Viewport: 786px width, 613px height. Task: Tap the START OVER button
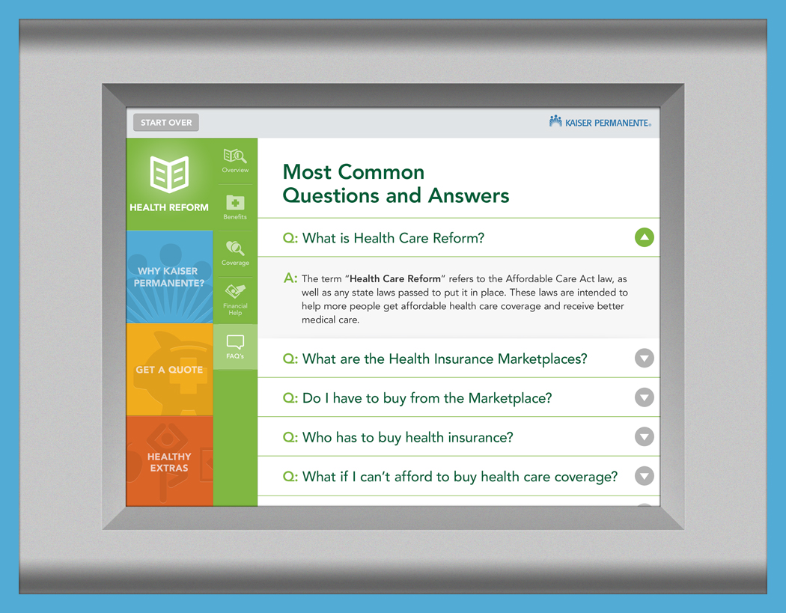tap(166, 122)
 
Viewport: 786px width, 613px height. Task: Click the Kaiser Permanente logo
tap(600, 122)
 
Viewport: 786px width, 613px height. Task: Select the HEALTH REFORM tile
tap(169, 184)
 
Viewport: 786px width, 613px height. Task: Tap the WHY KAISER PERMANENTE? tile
tap(169, 277)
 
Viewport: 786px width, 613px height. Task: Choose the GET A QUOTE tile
tap(169, 370)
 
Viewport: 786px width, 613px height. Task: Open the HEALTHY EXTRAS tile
tap(169, 461)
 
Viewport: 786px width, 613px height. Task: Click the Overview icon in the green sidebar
tap(235, 156)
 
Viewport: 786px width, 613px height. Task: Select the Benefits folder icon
tap(235, 203)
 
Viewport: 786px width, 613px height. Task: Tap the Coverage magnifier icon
tap(235, 248)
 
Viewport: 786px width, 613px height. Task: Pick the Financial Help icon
tap(235, 291)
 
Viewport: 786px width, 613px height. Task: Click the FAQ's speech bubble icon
tap(235, 342)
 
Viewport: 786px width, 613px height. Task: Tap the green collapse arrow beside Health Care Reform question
tap(644, 237)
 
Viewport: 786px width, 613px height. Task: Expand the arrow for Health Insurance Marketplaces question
tap(644, 359)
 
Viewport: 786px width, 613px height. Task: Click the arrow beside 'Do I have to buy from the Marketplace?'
tap(644, 397)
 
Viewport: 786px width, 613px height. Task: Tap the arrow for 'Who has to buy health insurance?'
tap(644, 436)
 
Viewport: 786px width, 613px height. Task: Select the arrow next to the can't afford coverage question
tap(644, 476)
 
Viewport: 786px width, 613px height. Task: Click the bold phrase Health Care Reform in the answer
tap(395, 278)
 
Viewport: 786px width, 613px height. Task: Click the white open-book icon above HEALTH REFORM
tap(169, 174)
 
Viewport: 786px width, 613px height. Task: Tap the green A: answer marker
tap(290, 278)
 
